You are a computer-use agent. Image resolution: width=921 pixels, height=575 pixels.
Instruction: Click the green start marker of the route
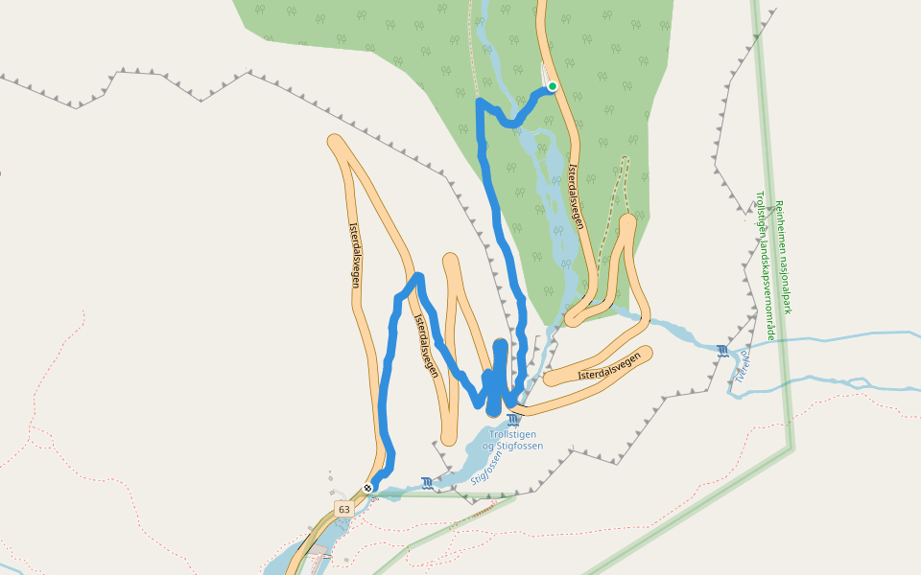point(553,86)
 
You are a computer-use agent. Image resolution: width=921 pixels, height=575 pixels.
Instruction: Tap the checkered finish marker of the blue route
point(367,488)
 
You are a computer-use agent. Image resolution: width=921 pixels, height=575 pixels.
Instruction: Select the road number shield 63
point(343,508)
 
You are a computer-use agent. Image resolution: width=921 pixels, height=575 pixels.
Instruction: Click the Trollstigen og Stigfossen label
point(512,440)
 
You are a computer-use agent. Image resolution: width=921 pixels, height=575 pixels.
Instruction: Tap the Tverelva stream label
point(742,363)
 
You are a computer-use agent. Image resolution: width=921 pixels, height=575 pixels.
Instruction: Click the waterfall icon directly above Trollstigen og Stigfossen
point(513,420)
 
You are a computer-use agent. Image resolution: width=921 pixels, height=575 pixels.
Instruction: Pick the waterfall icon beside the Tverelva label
point(721,351)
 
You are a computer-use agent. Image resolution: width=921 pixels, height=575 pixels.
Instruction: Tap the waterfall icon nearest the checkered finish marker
point(426,482)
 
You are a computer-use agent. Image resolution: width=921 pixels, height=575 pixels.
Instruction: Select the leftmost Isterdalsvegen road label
point(356,255)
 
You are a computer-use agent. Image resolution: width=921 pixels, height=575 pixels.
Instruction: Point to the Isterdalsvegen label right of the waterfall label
point(610,367)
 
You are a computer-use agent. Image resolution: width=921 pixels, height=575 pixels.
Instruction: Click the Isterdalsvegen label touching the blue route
point(425,343)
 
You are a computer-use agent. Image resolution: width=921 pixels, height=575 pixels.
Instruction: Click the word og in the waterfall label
point(487,447)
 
